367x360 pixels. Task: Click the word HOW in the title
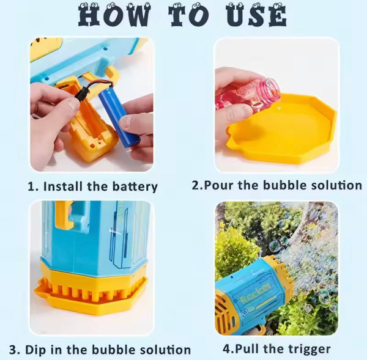114,15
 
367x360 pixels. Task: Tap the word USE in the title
256,15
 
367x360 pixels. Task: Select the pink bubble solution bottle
248,94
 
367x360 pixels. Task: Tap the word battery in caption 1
135,187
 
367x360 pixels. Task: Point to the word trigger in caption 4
307,350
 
